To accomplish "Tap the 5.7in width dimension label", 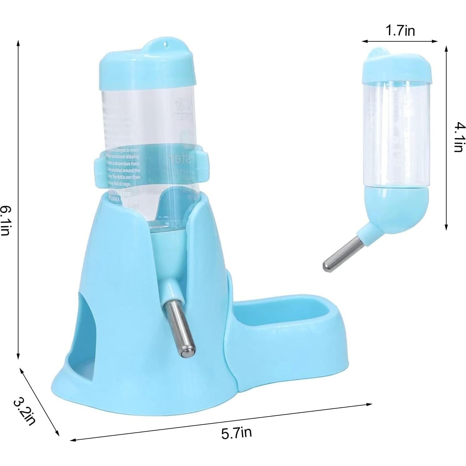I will tap(236, 433).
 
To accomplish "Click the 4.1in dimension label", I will tap(458, 137).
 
